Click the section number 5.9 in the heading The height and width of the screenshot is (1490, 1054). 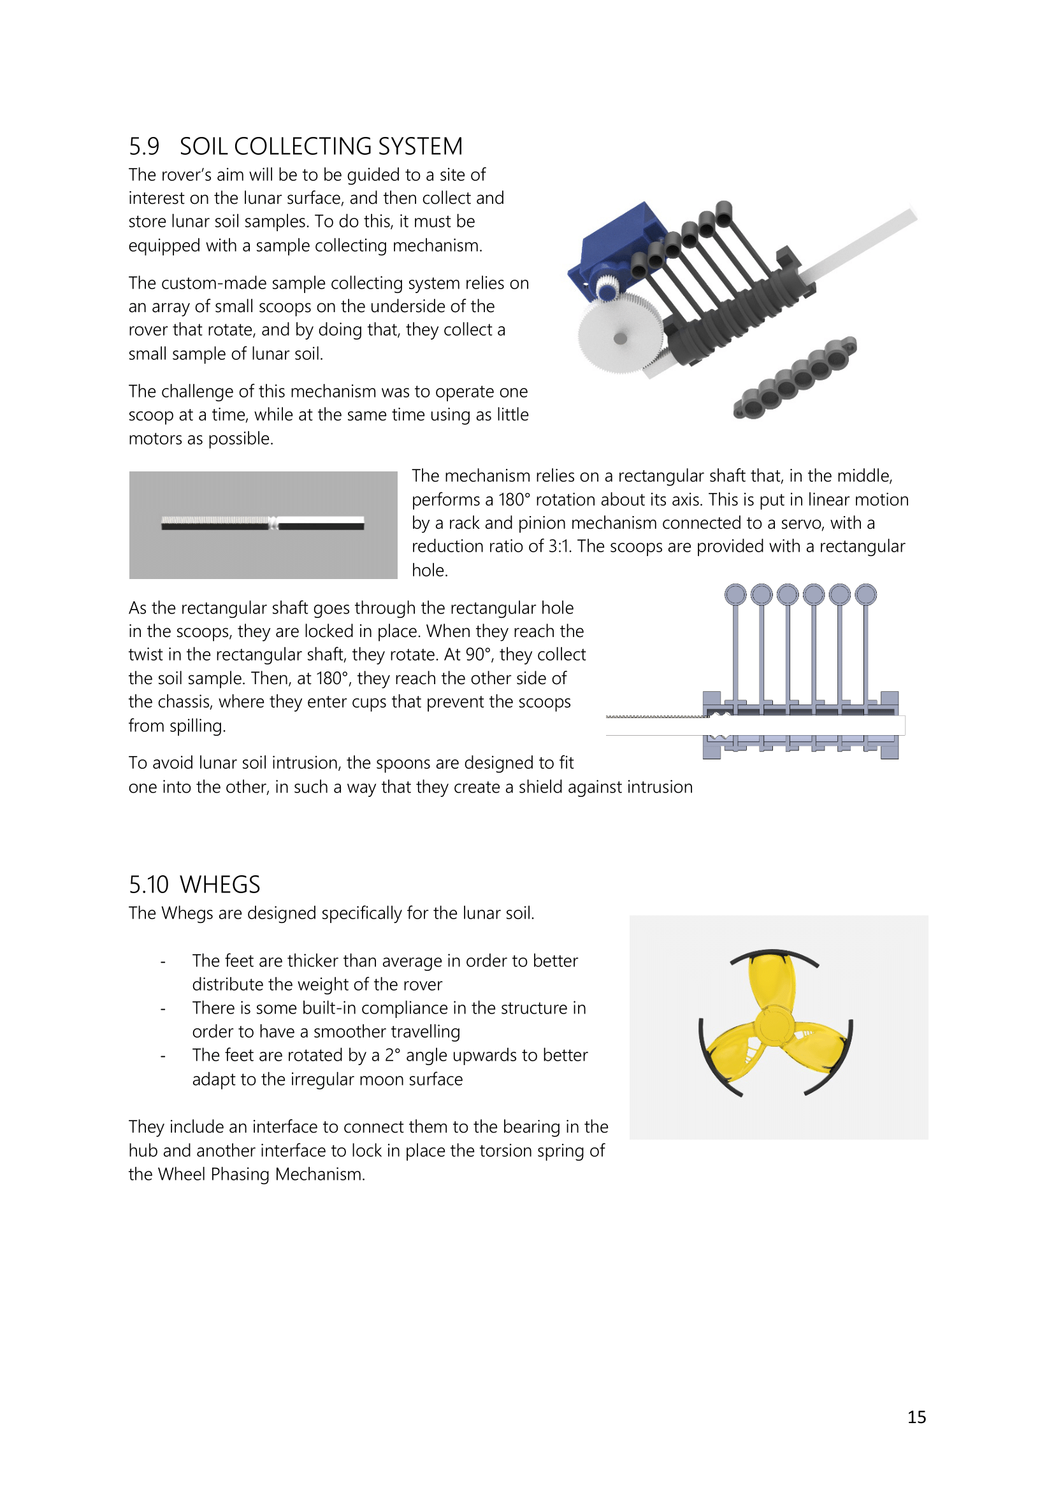pos(143,147)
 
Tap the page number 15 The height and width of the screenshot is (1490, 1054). pos(916,1417)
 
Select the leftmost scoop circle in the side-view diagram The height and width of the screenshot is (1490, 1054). pos(735,594)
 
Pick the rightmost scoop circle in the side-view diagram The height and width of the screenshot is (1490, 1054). pos(866,594)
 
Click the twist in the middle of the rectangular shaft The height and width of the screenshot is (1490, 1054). pos(273,522)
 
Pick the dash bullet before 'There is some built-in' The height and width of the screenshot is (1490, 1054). pos(163,1008)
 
